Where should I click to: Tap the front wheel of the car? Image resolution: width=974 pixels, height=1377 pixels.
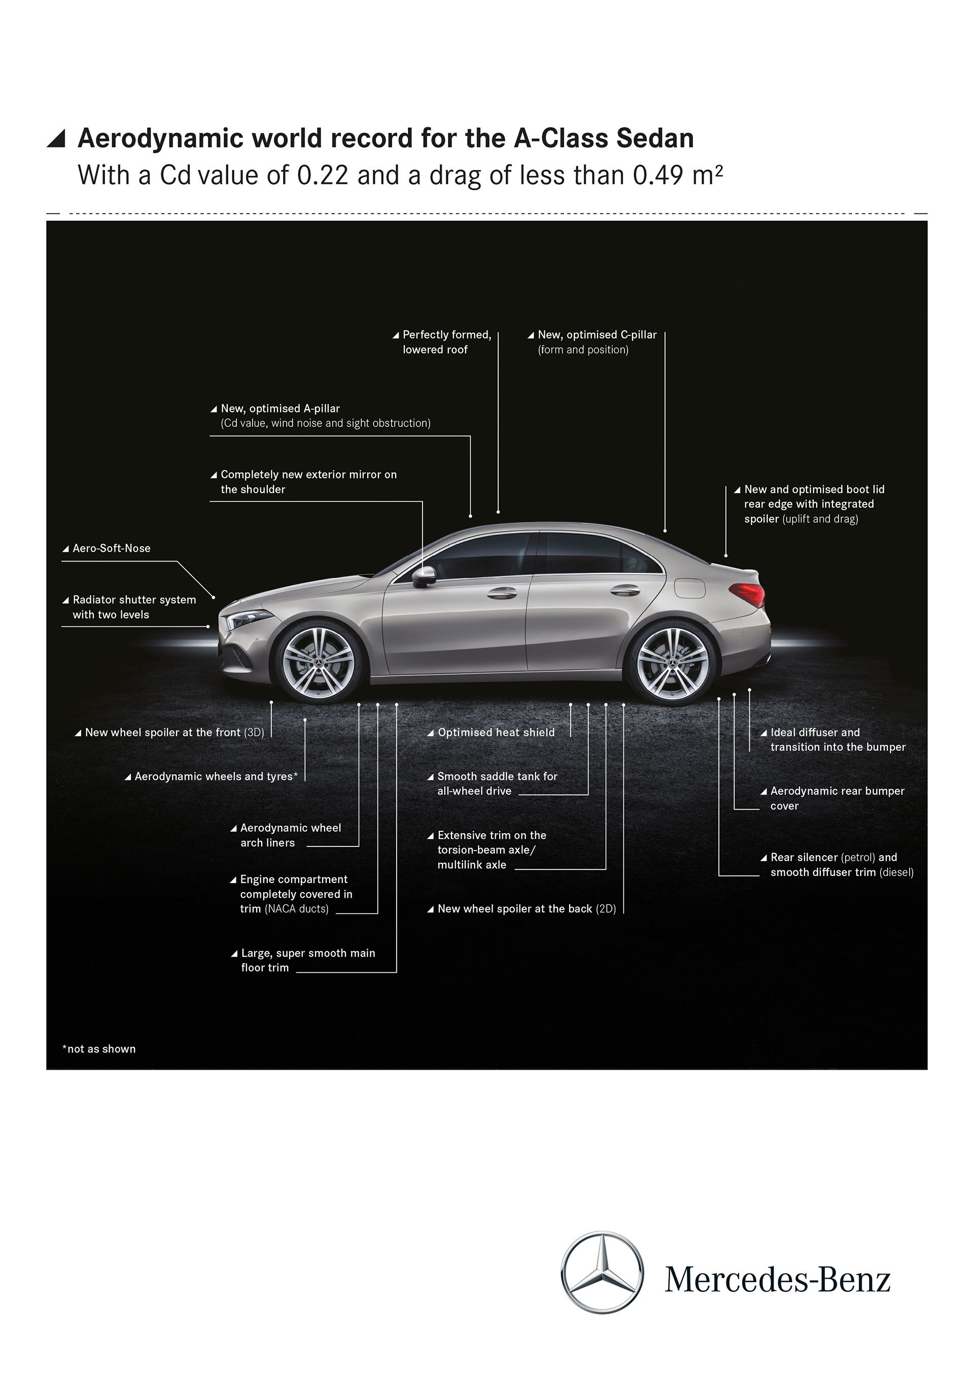click(318, 661)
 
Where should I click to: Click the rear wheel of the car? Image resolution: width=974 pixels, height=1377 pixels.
click(672, 663)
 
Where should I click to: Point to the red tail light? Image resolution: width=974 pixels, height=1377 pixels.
click(748, 594)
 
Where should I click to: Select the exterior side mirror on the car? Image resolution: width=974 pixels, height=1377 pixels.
click(424, 576)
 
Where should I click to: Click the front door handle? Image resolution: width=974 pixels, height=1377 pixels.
click(502, 593)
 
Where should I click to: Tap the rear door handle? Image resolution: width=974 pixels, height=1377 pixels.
click(625, 590)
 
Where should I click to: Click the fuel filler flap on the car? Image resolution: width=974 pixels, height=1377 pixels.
click(690, 588)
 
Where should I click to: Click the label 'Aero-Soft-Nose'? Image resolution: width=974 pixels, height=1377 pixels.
click(111, 548)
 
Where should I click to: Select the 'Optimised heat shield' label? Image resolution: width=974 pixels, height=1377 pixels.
click(496, 732)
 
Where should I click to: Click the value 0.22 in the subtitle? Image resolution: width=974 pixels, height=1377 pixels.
click(322, 175)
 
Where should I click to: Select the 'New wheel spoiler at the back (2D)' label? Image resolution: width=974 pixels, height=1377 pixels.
click(526, 908)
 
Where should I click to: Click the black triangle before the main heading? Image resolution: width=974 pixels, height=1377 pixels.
click(56, 138)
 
